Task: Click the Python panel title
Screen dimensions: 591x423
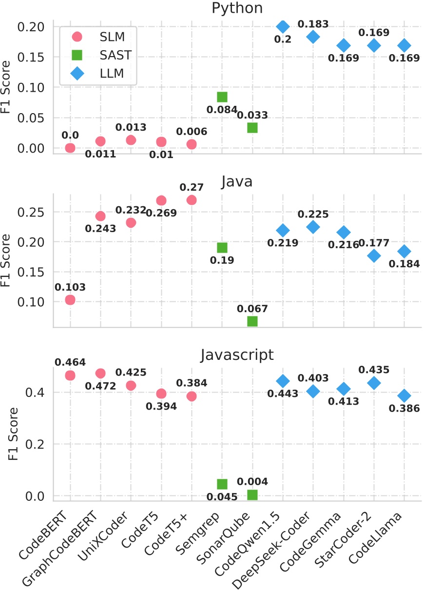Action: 237,8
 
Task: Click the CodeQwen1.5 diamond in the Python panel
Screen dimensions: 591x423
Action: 283,26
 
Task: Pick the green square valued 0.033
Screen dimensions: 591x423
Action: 252,128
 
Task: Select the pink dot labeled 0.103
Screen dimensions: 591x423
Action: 70,299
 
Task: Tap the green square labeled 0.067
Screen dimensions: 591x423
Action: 252,321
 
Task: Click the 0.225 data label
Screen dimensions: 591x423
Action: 313,214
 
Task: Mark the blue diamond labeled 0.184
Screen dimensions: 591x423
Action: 404,251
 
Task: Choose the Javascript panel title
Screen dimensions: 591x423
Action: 237,355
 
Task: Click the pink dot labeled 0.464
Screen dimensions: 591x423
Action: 70,375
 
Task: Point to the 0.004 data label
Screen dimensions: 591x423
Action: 252,482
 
